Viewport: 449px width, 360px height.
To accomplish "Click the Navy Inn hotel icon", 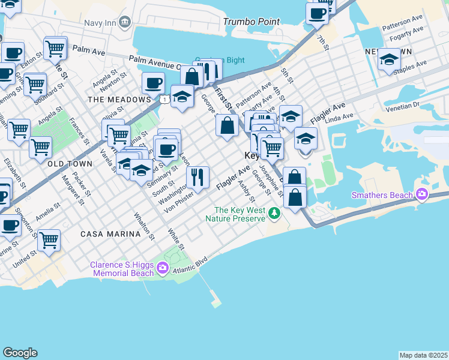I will click(x=125, y=22).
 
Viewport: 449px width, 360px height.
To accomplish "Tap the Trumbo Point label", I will click(x=251, y=22).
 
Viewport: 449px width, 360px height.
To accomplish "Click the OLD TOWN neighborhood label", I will click(x=70, y=164).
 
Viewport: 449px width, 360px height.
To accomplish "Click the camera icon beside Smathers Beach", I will click(x=422, y=194).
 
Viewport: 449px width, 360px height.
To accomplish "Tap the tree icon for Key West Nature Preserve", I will click(x=274, y=213).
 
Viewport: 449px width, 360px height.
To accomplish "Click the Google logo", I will click(x=20, y=353).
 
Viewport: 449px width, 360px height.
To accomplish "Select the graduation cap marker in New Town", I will click(x=389, y=59).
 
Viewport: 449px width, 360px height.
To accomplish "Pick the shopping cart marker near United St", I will click(x=49, y=240).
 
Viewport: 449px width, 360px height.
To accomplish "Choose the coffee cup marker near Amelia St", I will click(x=10, y=225).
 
